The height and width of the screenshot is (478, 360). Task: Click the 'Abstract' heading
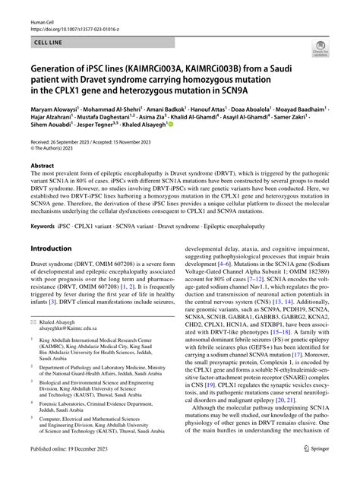pyautogui.click(x=42, y=186)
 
